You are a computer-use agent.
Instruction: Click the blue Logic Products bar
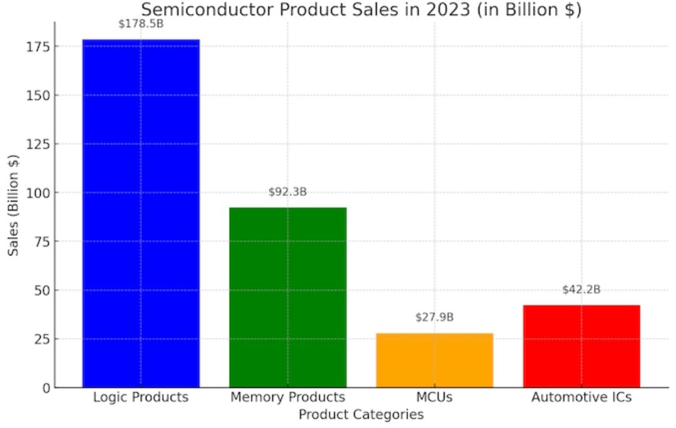tap(141, 213)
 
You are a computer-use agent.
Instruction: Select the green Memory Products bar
tap(287, 297)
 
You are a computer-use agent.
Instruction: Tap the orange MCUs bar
tap(434, 360)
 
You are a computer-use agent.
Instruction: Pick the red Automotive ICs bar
tap(581, 346)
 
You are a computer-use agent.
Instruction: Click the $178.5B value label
tap(140, 24)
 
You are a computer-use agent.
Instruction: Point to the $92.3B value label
tap(287, 192)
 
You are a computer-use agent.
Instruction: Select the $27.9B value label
tap(434, 317)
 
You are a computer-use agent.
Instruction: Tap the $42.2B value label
tap(581, 290)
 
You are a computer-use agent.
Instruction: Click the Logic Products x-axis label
tap(140, 397)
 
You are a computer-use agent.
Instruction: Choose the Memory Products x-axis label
tap(287, 397)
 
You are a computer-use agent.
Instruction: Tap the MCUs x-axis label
tap(434, 397)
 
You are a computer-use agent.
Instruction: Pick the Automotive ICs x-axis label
tap(581, 397)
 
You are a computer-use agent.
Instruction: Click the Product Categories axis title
tap(361, 415)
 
